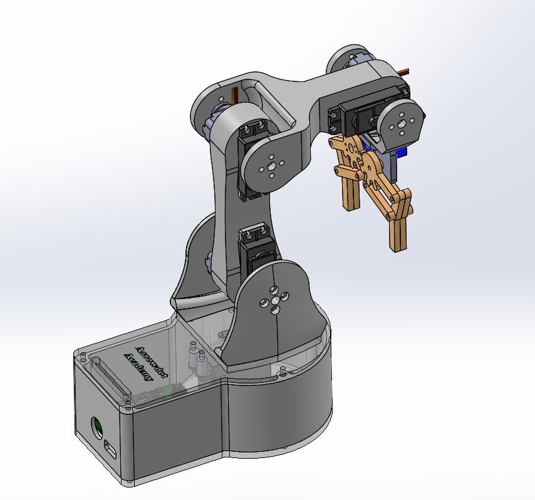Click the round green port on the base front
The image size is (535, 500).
click(x=98, y=427)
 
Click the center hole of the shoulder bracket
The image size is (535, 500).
click(x=274, y=301)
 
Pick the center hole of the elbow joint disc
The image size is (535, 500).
click(x=269, y=167)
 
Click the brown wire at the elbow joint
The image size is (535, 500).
click(x=235, y=96)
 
